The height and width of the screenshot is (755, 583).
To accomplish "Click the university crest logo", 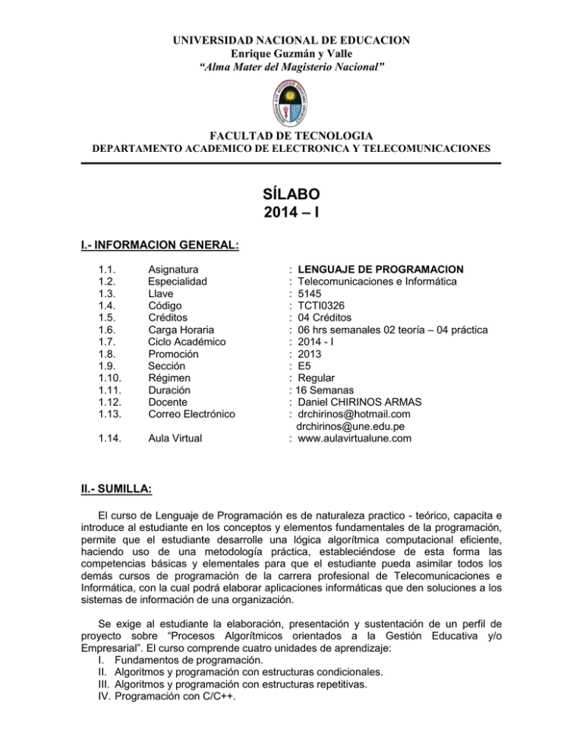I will click(x=291, y=106).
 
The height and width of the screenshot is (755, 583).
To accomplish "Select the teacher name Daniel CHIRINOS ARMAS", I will click(x=364, y=402).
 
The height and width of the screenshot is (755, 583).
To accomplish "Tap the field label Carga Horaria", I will click(x=181, y=330).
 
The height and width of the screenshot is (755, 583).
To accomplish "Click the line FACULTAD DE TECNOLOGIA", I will click(x=291, y=136).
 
